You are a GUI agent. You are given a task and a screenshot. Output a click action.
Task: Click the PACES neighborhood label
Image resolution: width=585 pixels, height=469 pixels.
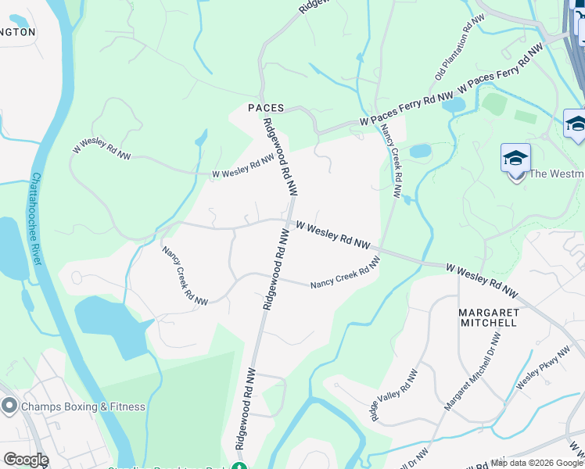(265, 109)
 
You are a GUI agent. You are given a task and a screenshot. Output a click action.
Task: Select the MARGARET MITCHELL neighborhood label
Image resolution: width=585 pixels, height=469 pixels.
(487, 317)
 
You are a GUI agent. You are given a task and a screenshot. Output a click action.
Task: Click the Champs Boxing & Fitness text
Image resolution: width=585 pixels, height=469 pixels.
(84, 406)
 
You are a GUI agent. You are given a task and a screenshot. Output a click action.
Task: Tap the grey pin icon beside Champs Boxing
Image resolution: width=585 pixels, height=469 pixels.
(9, 406)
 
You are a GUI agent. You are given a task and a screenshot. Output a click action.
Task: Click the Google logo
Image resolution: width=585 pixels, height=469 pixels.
(26, 460)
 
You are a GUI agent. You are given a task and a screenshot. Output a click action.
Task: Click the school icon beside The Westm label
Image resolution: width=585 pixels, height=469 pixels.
(515, 159)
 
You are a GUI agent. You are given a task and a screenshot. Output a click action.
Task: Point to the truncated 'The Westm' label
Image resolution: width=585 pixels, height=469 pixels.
(557, 174)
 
